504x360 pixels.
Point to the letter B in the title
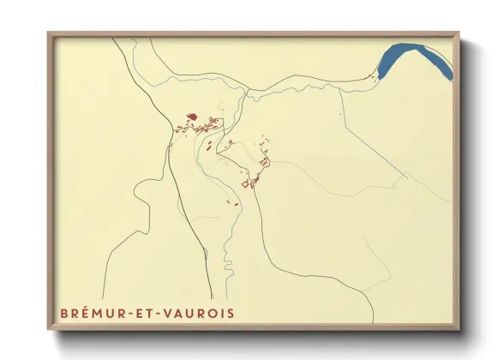pos(63,313)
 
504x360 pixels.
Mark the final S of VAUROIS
pos(230,313)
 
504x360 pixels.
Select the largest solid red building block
pos(192,117)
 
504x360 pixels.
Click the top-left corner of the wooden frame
pos(48,33)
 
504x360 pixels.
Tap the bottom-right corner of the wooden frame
pos(460,331)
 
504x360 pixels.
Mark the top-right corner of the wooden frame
pos(460,33)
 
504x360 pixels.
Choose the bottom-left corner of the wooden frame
pos(48,331)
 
